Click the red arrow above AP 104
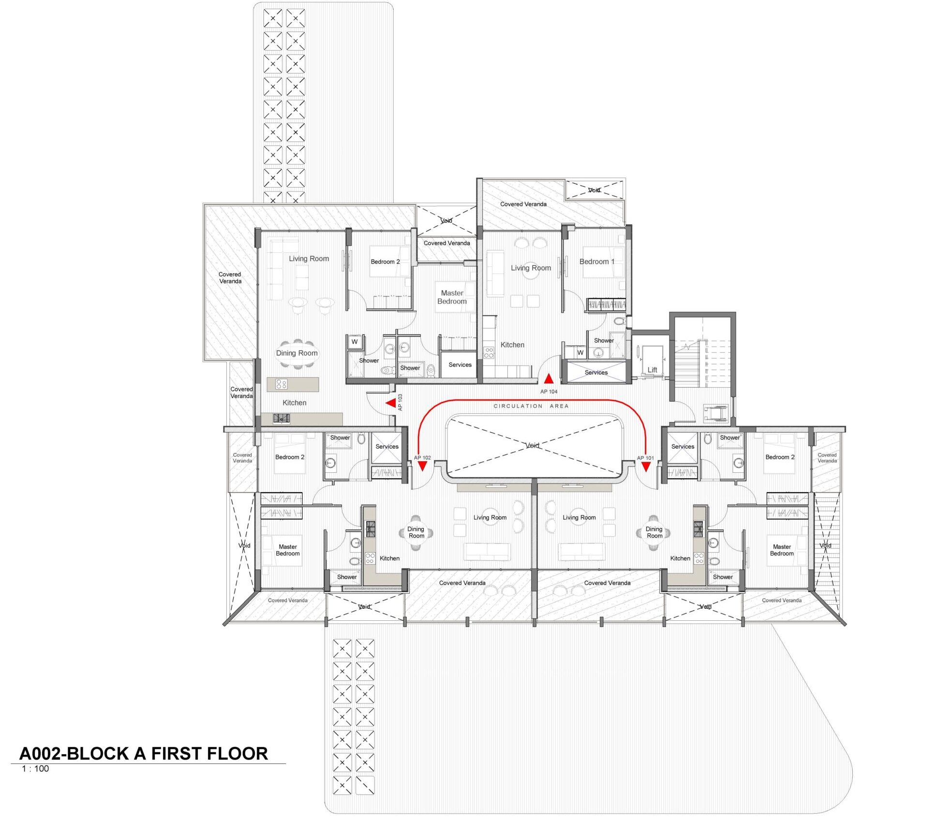[549, 378]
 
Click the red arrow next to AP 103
[390, 403]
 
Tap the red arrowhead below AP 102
[422, 466]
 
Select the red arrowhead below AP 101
[646, 467]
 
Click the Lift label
[653, 370]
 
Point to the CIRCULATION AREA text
[531, 406]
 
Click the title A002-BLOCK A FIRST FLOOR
[143, 753]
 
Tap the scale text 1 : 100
[35, 769]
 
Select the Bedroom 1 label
[597, 262]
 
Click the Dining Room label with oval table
[297, 353]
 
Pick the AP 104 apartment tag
[549, 392]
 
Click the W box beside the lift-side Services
[580, 352]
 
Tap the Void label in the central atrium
[533, 445]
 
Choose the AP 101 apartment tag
[646, 458]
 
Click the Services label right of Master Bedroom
[460, 365]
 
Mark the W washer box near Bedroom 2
[355, 342]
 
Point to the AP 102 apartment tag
[422, 458]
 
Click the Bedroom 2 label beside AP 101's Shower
[780, 457]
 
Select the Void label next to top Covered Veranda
[594, 190]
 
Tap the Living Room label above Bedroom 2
[309, 259]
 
